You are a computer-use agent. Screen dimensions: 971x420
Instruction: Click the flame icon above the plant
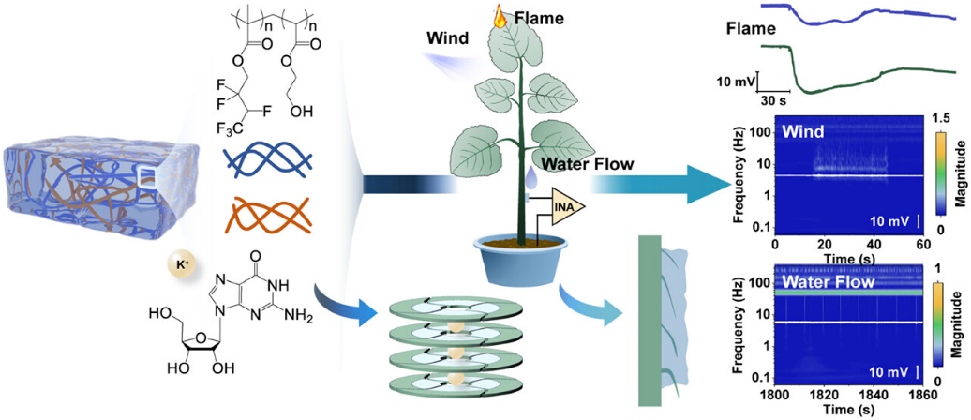click(500, 18)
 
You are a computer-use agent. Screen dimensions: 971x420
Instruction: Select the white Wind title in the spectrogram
click(801, 131)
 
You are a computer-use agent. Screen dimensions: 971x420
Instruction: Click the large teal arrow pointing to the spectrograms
click(662, 186)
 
